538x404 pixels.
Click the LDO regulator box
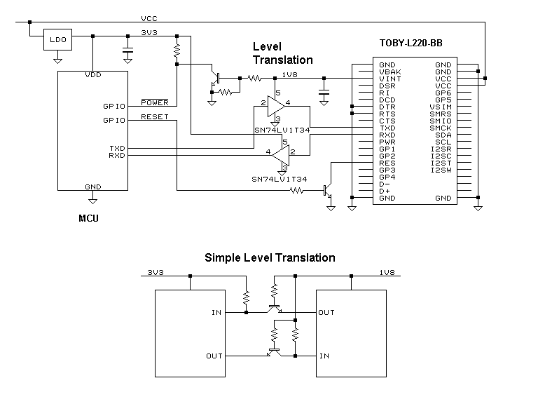coord(57,40)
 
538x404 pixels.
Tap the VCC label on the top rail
coord(149,18)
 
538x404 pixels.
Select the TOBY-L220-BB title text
coord(410,43)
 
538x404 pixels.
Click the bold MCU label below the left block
coord(88,218)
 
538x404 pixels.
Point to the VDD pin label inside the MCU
coord(92,74)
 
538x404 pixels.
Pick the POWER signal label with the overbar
coord(155,102)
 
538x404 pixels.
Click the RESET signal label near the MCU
coord(154,116)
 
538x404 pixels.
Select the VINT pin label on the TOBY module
coord(389,79)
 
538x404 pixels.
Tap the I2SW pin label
coord(441,170)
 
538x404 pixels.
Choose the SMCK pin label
coord(441,128)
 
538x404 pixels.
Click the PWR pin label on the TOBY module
coord(387,142)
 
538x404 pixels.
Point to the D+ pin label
coord(384,191)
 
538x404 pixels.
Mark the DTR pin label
coord(387,107)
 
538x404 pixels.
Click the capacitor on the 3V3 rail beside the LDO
coord(127,50)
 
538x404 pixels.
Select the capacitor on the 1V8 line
coord(324,92)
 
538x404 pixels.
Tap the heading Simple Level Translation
coord(270,257)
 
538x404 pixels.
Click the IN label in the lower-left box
coord(216,313)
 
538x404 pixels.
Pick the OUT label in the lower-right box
coord(326,313)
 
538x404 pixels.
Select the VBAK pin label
coord(389,72)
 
